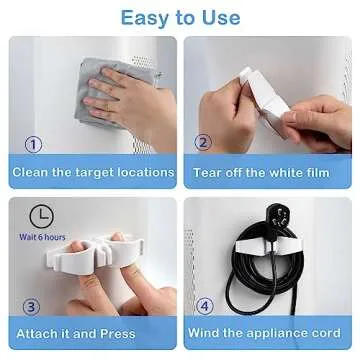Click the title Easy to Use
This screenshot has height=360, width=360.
[180, 17]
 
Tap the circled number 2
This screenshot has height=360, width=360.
[203, 145]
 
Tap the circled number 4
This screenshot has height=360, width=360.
[203, 307]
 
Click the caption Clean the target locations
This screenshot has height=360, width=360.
[93, 171]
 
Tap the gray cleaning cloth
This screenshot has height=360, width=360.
[100, 75]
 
